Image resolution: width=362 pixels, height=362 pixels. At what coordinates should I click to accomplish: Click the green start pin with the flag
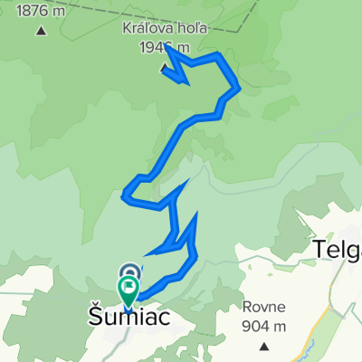point(128,291)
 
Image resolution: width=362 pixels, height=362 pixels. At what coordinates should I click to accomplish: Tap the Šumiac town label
point(127,318)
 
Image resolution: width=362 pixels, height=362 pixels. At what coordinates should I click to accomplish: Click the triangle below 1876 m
point(42,31)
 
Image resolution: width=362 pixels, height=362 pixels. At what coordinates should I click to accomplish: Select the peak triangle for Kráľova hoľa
point(164,68)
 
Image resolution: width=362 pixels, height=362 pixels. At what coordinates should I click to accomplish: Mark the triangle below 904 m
point(263,345)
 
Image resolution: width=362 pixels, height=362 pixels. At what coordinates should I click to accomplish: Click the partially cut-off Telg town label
point(338,249)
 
